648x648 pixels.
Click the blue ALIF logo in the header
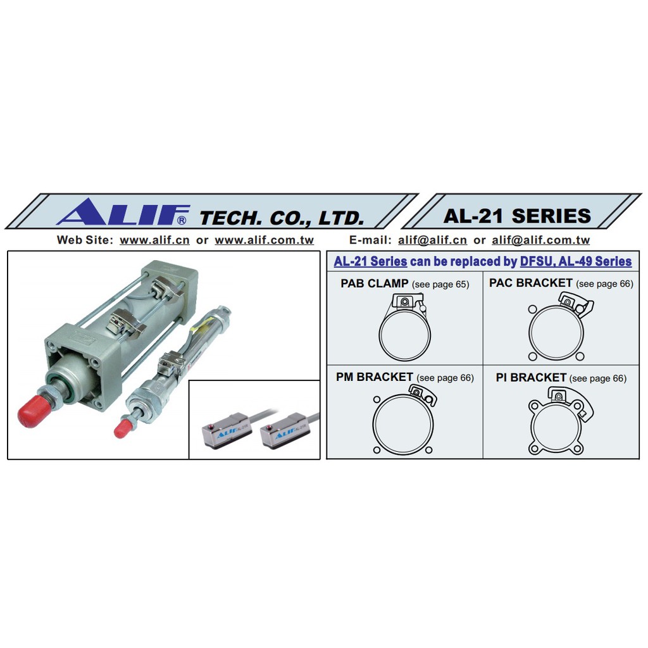123,211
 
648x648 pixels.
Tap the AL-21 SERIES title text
517,216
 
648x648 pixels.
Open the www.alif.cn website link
154,240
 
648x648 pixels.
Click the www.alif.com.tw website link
264,240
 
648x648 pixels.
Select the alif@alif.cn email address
432,240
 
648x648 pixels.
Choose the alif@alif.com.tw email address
540,240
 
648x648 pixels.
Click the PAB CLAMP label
375,283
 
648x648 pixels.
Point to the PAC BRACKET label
531,283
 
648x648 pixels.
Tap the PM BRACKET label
375,377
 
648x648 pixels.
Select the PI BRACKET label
531,377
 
